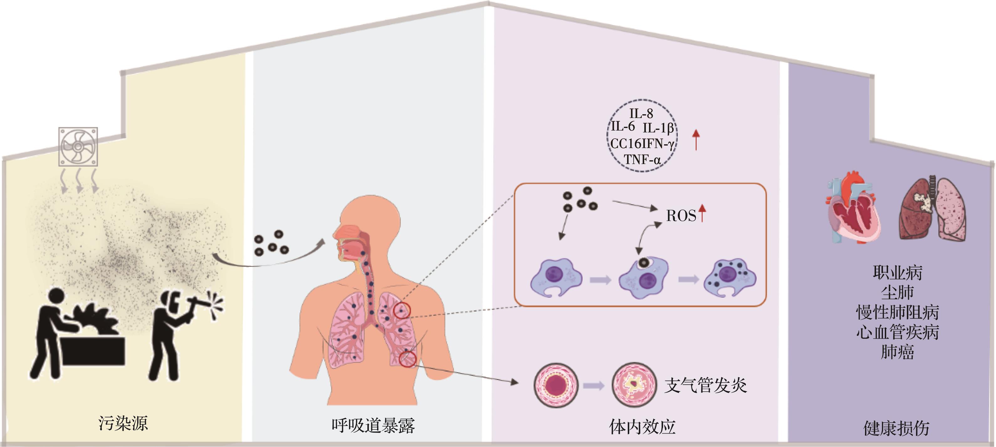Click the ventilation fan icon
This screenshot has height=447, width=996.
(x=78, y=147)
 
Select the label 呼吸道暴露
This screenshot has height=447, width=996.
(x=373, y=425)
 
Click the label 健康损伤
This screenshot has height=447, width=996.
(x=896, y=428)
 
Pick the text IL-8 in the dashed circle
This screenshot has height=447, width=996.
(x=641, y=114)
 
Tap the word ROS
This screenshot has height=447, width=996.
(x=681, y=216)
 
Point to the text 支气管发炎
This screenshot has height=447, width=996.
(x=705, y=385)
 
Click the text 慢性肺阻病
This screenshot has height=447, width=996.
(x=897, y=312)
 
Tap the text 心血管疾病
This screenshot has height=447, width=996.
(x=897, y=332)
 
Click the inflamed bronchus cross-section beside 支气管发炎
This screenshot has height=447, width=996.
(x=635, y=385)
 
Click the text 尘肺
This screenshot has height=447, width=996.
(x=897, y=292)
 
